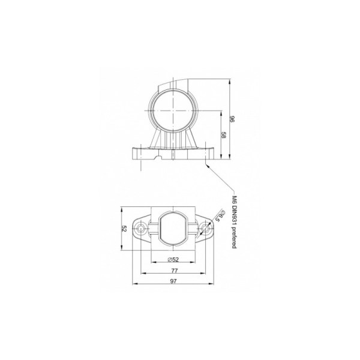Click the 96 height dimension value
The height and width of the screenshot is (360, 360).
pos(232,119)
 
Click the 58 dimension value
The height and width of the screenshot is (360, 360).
pos(223,135)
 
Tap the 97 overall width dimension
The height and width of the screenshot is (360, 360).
pos(174,281)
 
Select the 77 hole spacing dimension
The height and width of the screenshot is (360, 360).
pos(175,271)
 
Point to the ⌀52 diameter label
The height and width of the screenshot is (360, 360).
pos(173,260)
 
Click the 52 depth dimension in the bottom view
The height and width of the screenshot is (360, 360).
pos(124,229)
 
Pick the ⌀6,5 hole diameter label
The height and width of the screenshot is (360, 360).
pos(220,215)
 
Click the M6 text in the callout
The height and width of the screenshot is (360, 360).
pos(234,200)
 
